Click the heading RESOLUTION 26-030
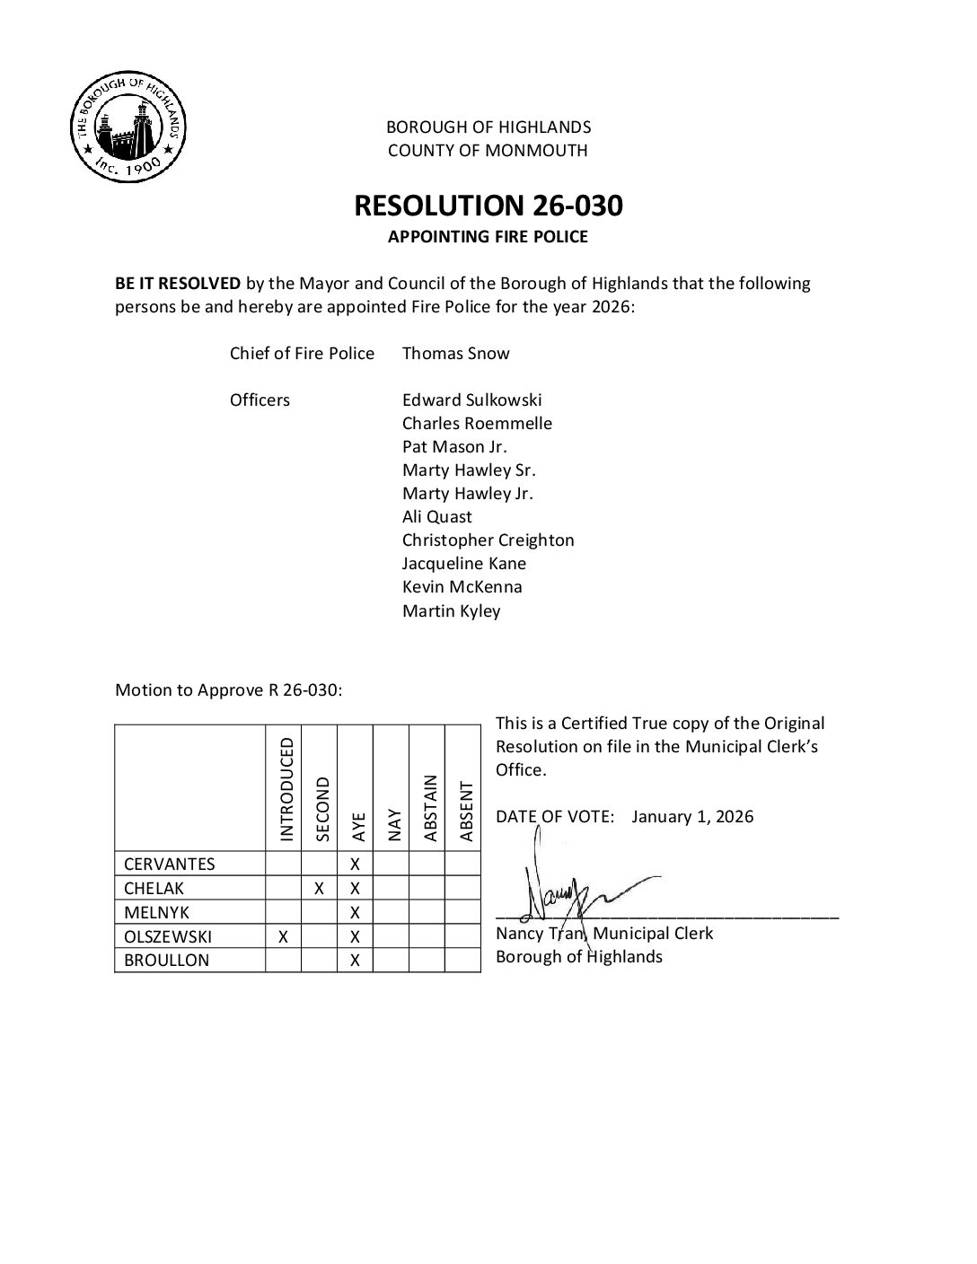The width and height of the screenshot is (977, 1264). pos(488,206)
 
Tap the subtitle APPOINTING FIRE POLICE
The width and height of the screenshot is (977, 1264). pos(488,237)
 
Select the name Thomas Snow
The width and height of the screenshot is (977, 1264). pos(455,353)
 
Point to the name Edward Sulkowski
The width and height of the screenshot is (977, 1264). pos(471,399)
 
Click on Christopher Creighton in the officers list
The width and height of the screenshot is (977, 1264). pos(488,540)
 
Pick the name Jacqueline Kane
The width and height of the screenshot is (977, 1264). pos(464,563)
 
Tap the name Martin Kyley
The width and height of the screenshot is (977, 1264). pos(451,610)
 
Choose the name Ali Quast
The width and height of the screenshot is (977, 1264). pos(436,516)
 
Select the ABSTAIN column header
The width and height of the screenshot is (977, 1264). pos(429,808)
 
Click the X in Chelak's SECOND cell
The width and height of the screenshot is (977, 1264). pos(319,889)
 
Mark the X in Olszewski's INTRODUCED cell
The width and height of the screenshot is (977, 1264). pos(283,936)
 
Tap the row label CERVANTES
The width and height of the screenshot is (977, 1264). pos(170,865)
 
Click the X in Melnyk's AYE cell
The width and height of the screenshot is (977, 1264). pos(355,913)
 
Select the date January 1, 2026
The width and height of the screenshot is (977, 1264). pos(692,816)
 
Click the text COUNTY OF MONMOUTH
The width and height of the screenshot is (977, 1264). pos(488,150)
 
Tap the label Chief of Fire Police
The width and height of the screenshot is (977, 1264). pos(302,353)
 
